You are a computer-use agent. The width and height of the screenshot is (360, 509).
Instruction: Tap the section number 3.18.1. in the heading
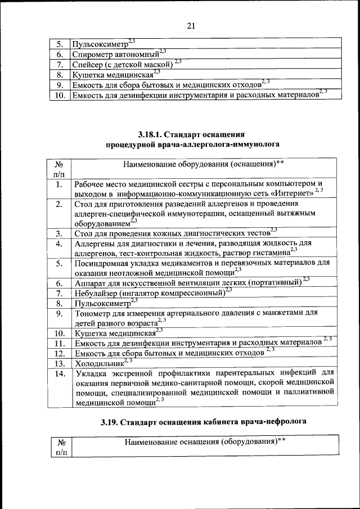(152, 134)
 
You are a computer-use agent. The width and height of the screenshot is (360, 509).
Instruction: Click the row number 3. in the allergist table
(58, 233)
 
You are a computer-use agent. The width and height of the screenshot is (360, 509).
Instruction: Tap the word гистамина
(271, 253)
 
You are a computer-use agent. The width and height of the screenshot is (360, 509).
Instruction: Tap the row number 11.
(58, 343)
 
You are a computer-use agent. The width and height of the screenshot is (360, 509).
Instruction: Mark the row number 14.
(58, 373)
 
